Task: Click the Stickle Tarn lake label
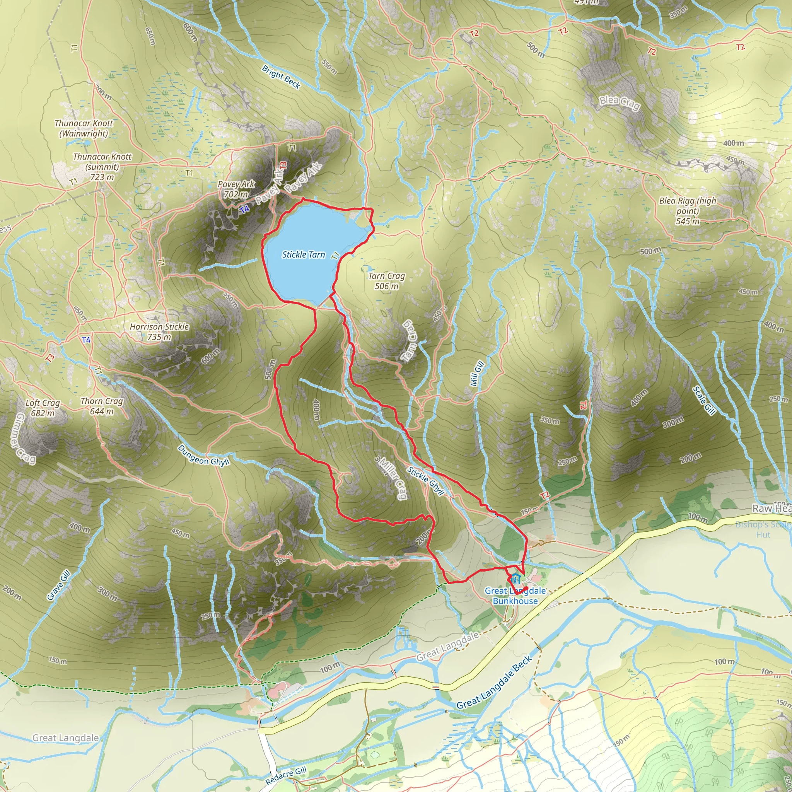coord(303,254)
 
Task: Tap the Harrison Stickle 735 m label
coord(159,332)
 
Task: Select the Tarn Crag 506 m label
coord(387,281)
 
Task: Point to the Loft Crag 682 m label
coord(43,408)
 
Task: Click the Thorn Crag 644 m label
coord(102,406)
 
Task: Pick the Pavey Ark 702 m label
coord(236,189)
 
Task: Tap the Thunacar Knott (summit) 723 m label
coord(102,167)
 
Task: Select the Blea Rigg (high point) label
coord(688,211)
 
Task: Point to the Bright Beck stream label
coord(281,77)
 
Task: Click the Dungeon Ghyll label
coord(204,455)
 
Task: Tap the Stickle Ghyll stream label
coord(426,481)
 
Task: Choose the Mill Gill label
coord(477,374)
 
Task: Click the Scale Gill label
coord(703,401)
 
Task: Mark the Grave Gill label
coord(59,585)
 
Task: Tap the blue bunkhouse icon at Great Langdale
coord(515,579)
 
